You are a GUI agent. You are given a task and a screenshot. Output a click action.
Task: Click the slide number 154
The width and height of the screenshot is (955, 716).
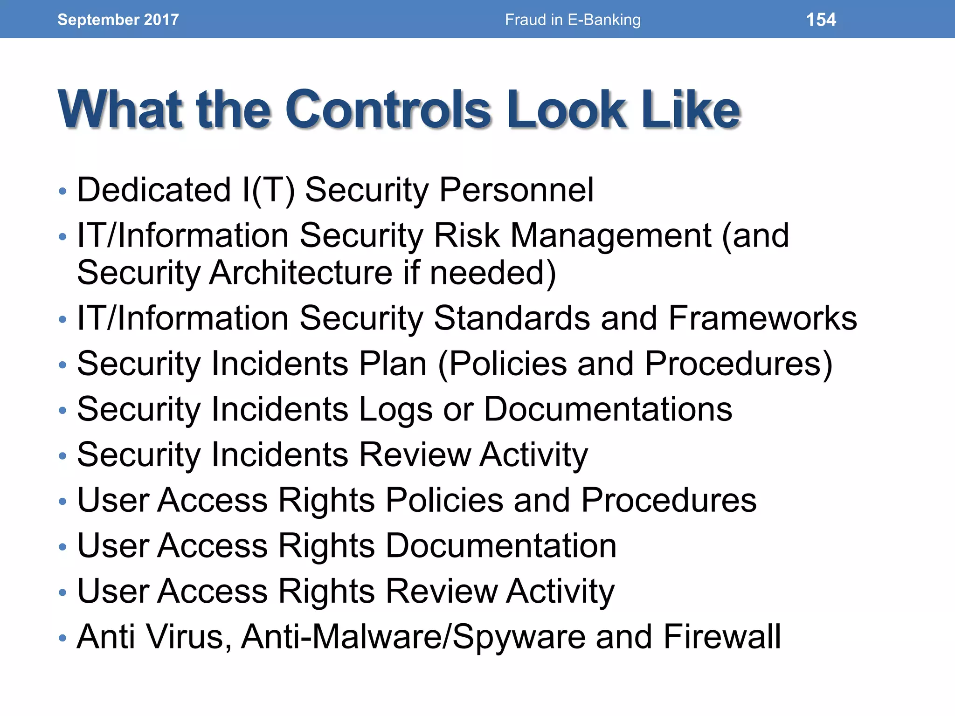(x=821, y=20)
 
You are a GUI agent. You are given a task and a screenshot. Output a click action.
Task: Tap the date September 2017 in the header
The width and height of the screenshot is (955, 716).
(x=118, y=20)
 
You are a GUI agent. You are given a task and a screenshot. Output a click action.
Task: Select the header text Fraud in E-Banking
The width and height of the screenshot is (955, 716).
(x=573, y=20)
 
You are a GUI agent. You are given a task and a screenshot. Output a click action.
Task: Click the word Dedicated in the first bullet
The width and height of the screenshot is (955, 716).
(x=154, y=190)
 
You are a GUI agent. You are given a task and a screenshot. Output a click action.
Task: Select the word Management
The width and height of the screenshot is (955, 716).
(x=611, y=235)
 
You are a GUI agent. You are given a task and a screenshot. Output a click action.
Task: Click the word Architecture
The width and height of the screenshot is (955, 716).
(x=301, y=272)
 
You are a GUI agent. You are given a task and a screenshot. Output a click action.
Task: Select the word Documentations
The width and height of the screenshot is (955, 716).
(x=608, y=409)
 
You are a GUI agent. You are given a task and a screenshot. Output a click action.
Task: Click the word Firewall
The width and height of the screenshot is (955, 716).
(x=722, y=636)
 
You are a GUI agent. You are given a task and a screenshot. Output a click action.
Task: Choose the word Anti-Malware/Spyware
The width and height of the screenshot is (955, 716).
(x=413, y=636)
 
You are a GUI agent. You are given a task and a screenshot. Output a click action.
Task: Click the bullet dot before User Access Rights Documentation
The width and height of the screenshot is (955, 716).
(x=63, y=546)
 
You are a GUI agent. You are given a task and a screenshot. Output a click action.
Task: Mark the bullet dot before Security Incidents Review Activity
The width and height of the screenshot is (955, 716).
(x=63, y=455)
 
